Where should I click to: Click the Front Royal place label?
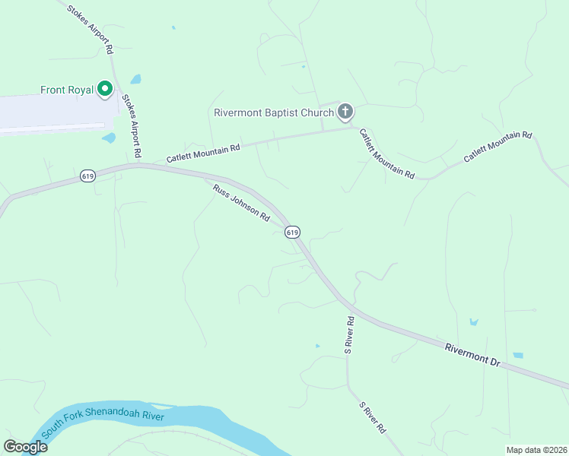pyautogui.click(x=67, y=90)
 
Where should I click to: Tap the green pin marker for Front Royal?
pyautogui.click(x=105, y=89)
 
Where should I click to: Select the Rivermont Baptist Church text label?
pyautogui.click(x=274, y=113)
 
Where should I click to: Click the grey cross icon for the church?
pyautogui.click(x=345, y=112)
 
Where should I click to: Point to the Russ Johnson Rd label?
pyautogui.click(x=241, y=203)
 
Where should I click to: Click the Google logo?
pyautogui.click(x=25, y=447)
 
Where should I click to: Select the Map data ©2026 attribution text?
pyautogui.click(x=536, y=450)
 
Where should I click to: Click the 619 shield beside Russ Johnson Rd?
pyautogui.click(x=292, y=231)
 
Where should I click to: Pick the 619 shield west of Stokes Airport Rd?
pyautogui.click(x=87, y=176)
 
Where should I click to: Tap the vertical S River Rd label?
pyautogui.click(x=349, y=335)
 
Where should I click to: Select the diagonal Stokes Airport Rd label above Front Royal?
pyautogui.click(x=90, y=30)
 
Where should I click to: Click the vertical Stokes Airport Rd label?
pyautogui.click(x=132, y=126)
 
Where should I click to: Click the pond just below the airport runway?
pyautogui.click(x=109, y=138)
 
